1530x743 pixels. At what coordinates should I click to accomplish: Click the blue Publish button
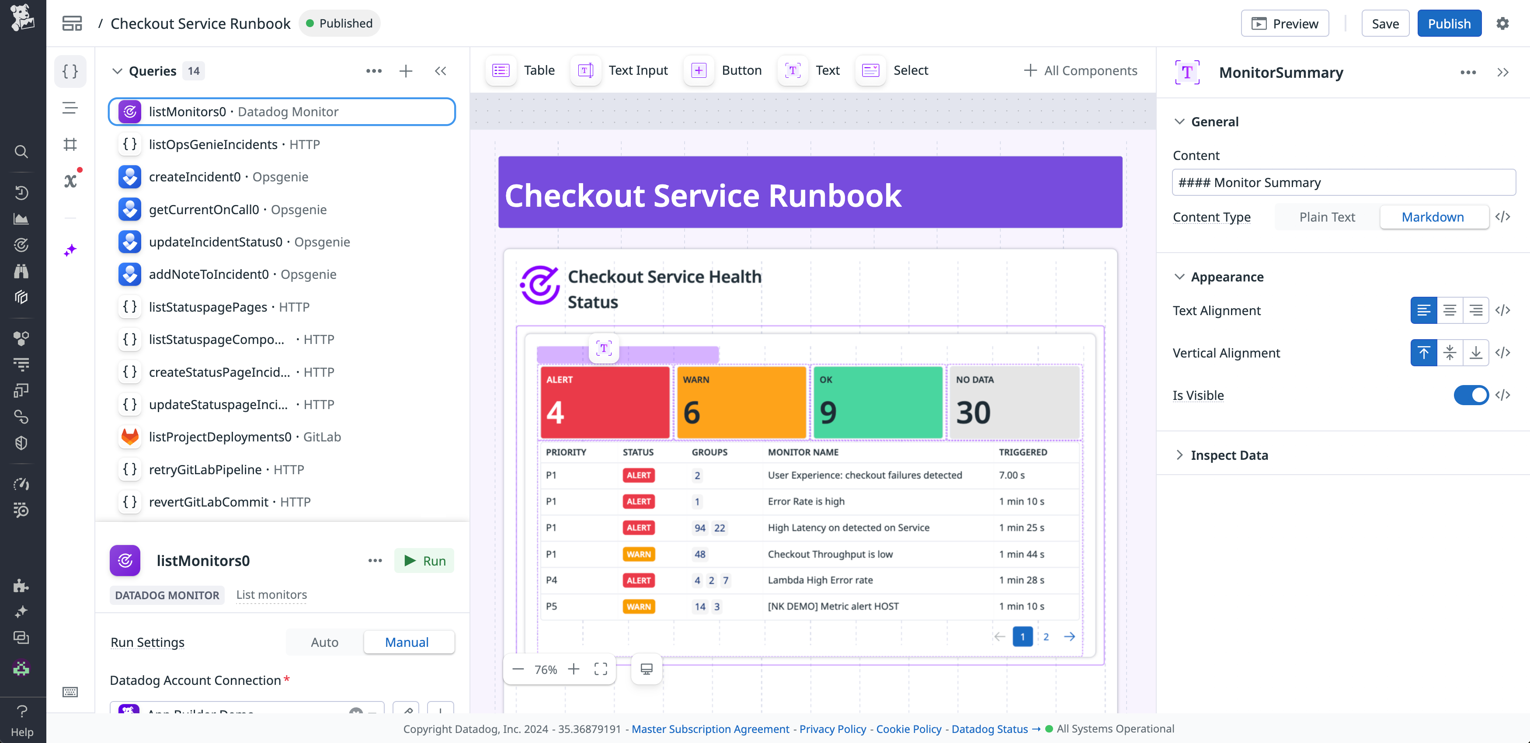1449,24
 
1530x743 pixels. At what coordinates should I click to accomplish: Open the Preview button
1284,24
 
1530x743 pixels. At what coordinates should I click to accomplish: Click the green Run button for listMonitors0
424,561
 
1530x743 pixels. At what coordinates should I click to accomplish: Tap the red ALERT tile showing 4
605,402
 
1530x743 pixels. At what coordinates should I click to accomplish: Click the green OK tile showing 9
877,402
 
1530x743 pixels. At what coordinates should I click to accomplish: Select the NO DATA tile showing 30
1014,402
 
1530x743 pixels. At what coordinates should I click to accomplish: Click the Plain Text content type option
1327,217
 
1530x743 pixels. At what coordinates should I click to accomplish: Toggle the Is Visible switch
1471,395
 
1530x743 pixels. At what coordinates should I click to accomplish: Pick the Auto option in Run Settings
324,642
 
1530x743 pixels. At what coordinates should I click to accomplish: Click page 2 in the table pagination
1046,637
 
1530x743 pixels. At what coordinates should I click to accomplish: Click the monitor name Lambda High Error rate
820,580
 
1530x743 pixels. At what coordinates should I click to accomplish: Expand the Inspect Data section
1229,455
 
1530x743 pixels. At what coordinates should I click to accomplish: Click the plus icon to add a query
406,71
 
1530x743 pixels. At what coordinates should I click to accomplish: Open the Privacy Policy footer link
832,729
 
